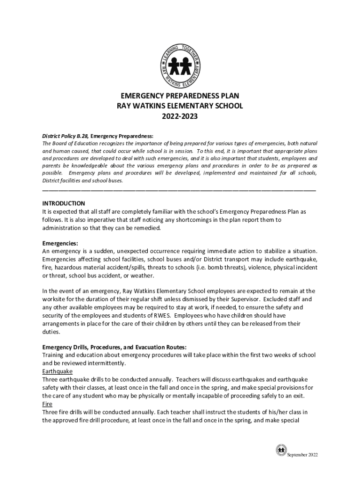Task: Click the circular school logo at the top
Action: (180, 65)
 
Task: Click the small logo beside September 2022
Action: (281, 450)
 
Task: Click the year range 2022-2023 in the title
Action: (180, 116)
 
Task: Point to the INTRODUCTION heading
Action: (64, 203)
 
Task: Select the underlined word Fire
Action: (47, 404)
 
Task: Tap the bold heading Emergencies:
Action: (60, 243)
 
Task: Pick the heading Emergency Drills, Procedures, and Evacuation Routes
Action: (115, 347)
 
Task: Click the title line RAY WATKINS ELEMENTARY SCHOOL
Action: (180, 106)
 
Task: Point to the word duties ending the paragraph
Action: (51, 332)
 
